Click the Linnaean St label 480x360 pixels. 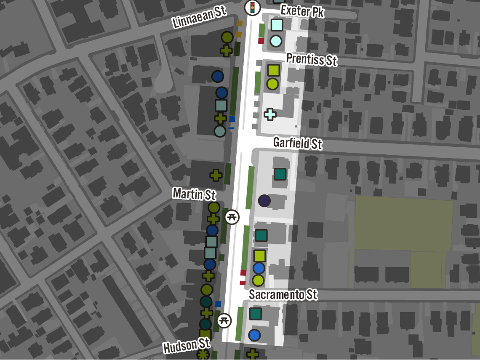coord(200,17)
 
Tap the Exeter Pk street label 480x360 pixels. coord(302,11)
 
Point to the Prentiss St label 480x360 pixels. coord(312,59)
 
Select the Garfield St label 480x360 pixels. coord(298,143)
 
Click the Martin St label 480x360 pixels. coord(194,194)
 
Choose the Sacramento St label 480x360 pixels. coord(283,294)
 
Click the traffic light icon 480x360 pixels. coord(253,7)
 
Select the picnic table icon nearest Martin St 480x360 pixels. coord(232,217)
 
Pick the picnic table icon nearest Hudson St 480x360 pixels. coord(224,320)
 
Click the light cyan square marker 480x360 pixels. coord(277,25)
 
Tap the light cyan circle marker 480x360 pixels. coord(276,41)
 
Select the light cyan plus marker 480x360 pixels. coord(270,114)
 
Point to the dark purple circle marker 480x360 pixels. coord(264,201)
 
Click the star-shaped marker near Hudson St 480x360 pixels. coord(203,355)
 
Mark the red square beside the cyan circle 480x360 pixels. coord(261,41)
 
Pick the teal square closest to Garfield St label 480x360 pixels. coord(280,174)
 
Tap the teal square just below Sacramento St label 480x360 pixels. coord(255,314)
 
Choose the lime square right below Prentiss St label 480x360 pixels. coord(273,70)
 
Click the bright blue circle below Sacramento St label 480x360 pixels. coord(254,335)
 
